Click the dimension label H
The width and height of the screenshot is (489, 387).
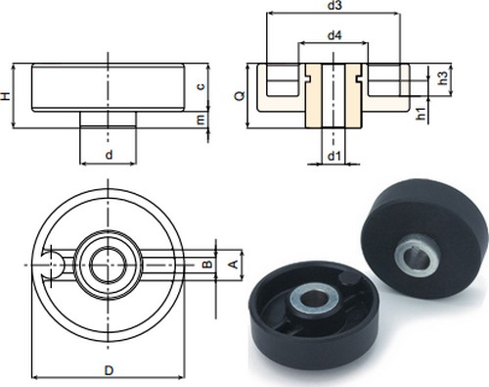click(x=7, y=96)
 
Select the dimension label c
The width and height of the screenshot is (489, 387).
click(x=201, y=86)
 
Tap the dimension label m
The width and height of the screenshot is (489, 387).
click(x=201, y=120)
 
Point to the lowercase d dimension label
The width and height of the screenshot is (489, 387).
click(x=109, y=154)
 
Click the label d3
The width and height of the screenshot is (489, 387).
click(x=334, y=6)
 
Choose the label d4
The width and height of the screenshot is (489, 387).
click(x=334, y=35)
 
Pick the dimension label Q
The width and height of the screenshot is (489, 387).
click(x=241, y=96)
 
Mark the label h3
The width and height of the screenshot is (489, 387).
click(x=443, y=78)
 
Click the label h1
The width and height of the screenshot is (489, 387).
click(x=422, y=114)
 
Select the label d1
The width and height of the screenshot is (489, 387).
click(x=333, y=157)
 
